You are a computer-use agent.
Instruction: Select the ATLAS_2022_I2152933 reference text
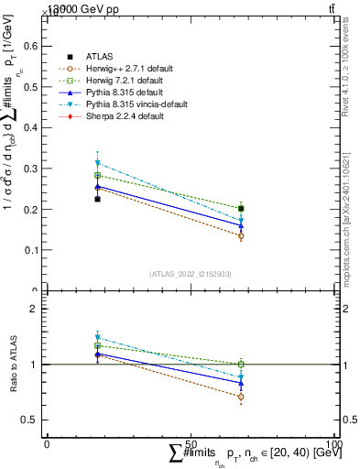(191, 274)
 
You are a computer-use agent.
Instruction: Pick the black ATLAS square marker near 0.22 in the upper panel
(97, 199)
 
